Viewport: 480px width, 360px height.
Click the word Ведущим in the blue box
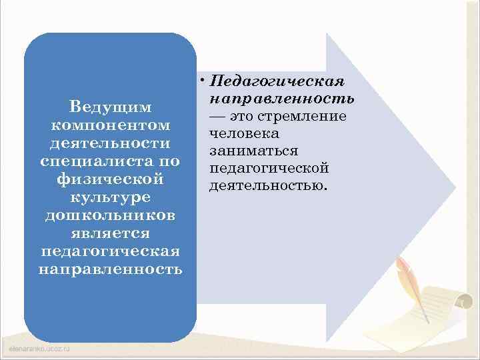[x=110, y=107]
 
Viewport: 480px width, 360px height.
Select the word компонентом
[x=110, y=125]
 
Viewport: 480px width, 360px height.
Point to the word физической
[x=110, y=179]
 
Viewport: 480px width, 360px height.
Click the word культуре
[x=110, y=197]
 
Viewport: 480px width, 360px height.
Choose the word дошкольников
[x=110, y=215]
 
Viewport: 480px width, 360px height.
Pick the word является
[x=110, y=233]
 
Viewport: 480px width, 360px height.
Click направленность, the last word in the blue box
[x=110, y=269]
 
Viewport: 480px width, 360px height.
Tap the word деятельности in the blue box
[x=110, y=143]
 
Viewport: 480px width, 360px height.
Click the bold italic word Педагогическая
[x=277, y=82]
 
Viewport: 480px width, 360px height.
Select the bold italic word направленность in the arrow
[x=281, y=99]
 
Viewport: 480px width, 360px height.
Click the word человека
[x=239, y=133]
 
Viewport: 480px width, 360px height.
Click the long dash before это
[x=217, y=116]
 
